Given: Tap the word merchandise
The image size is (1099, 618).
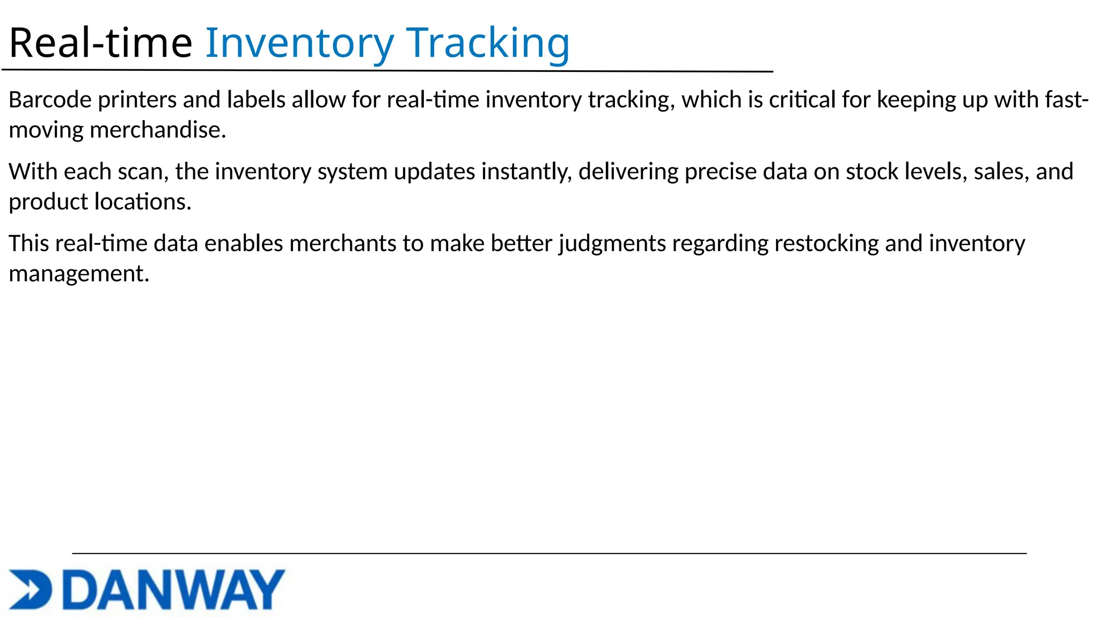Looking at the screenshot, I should pos(158,130).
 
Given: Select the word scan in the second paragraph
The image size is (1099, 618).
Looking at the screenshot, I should pos(140,172).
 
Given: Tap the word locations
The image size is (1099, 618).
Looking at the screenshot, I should pos(143,202).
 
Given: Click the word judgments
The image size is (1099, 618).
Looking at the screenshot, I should pos(612,244).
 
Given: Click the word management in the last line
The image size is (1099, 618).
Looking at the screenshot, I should pos(79,274).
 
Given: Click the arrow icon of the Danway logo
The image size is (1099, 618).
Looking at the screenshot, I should pos(30,589).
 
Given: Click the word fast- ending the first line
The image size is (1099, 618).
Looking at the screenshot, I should pos(1063,100).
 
